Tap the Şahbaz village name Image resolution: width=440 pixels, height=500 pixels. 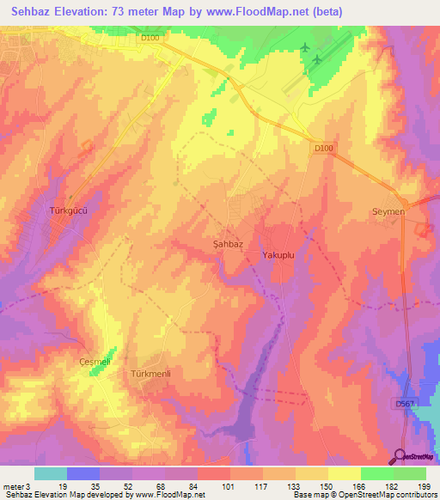pos(228,244)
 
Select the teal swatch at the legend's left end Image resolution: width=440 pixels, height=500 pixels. pos(51,473)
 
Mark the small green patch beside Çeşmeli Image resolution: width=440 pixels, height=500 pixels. pos(108,355)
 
